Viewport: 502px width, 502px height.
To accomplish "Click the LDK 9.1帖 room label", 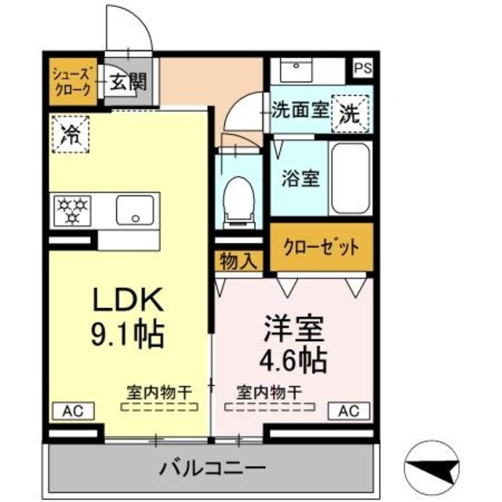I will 129,318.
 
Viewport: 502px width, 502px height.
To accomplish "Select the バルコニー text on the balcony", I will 212,468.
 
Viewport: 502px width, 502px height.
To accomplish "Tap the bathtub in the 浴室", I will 349,179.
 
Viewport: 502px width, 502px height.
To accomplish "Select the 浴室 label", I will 300,178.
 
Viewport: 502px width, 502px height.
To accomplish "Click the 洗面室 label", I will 299,111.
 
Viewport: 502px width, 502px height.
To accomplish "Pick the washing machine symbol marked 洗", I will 347,112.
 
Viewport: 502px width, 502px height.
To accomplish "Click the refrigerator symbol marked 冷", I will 71,131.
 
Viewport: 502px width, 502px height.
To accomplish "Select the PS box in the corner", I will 362,68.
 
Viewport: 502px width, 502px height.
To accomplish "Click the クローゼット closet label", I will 322,247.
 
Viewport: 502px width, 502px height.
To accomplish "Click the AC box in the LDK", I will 72,410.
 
